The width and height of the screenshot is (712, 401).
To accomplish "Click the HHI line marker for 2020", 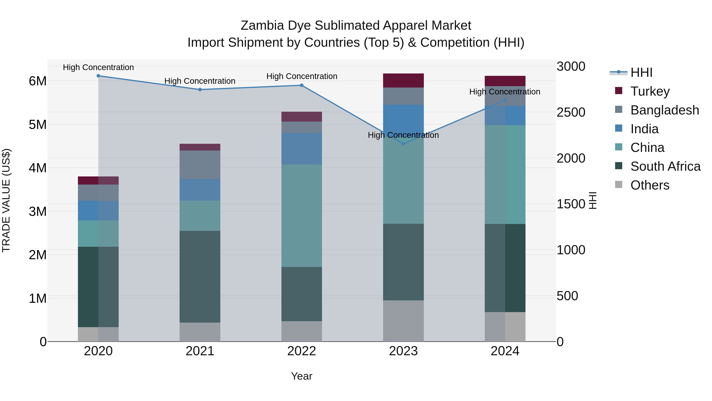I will point(98,76).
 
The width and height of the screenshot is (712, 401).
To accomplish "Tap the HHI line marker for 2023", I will point(403,144).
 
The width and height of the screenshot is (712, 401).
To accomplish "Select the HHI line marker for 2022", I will point(302,85).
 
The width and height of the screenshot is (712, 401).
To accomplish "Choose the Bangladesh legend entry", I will point(665,110).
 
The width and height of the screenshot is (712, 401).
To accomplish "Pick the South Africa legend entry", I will point(665,166).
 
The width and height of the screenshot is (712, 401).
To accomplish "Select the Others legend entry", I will point(650,185).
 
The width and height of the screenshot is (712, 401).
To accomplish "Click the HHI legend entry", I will point(641,72).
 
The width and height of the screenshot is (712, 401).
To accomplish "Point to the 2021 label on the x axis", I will point(200,351).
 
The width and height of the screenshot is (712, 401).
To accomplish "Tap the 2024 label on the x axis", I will point(505,351).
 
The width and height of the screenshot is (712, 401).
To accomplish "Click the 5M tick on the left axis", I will point(38,125).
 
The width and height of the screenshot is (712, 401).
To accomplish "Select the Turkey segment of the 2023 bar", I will point(403,81).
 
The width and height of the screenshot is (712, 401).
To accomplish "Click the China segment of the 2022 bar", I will point(302,216).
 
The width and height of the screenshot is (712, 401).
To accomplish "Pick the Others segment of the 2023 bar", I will point(403,321).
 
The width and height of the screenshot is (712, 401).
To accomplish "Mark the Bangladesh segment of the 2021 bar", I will point(200,165).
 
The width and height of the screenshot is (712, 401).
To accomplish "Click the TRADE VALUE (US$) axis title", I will point(6,200).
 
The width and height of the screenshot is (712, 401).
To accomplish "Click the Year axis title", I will point(302,376).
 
